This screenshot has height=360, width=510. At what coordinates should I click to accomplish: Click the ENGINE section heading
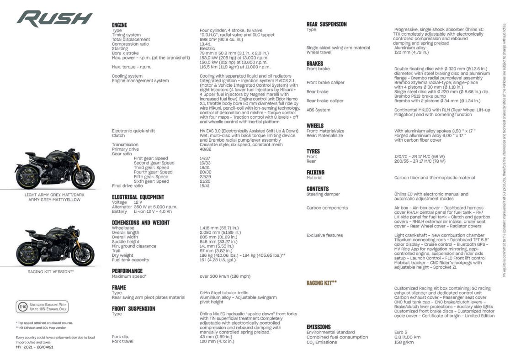[119, 25]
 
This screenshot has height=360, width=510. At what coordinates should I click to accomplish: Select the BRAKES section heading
[315, 64]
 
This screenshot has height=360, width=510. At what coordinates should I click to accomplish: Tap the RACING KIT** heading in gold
[322, 283]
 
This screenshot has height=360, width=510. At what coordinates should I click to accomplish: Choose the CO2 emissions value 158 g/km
[404, 342]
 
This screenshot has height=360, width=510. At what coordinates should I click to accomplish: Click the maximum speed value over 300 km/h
[225, 276]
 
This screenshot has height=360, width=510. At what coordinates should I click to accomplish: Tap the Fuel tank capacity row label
[130, 259]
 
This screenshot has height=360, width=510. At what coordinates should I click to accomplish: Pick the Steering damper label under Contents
[323, 194]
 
